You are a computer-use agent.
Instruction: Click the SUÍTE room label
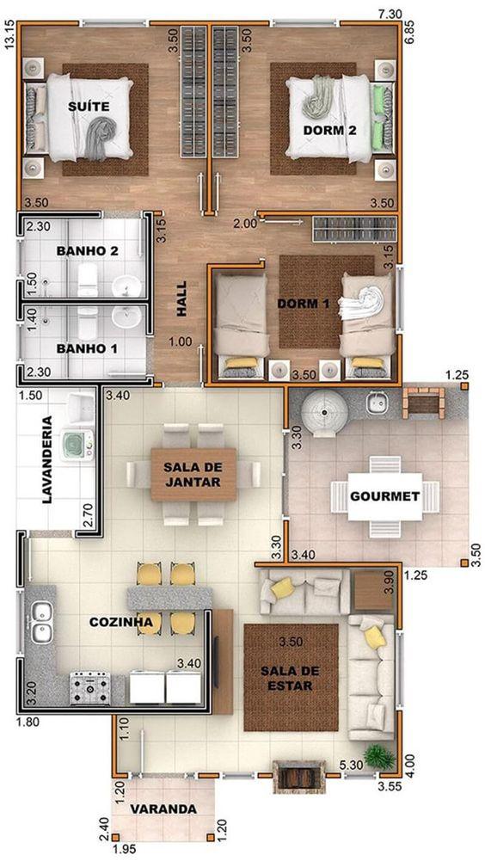[x=94, y=107]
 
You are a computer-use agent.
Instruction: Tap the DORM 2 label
[x=330, y=131]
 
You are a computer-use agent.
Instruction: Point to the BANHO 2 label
[x=87, y=251]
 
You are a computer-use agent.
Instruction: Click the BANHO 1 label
[x=87, y=349]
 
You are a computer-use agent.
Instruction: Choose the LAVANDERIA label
[x=46, y=459]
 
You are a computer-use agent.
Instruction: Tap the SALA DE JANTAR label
[x=193, y=475]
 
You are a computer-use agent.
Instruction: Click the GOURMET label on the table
[x=384, y=496]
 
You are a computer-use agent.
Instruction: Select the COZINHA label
[x=120, y=622]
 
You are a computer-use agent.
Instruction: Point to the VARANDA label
[x=163, y=809]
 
